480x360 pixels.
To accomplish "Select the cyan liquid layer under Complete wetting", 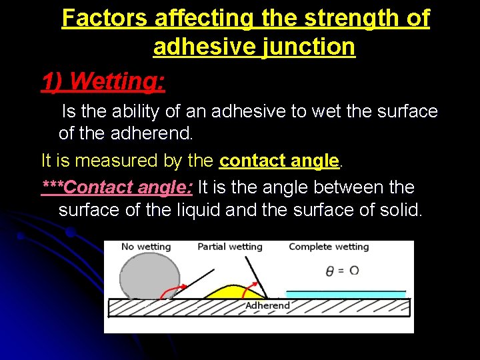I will pos(345,293).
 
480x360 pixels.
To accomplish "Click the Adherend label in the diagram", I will pos(268,305).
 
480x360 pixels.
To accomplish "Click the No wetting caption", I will pos(146,247).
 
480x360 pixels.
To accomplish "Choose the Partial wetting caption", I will pos(230,247).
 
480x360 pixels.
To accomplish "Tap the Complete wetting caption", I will pos(329,247).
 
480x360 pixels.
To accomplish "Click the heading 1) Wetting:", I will pos(103,81).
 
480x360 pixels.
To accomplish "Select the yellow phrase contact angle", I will pos(279,161).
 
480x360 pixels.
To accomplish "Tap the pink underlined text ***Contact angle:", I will pos(117,187).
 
